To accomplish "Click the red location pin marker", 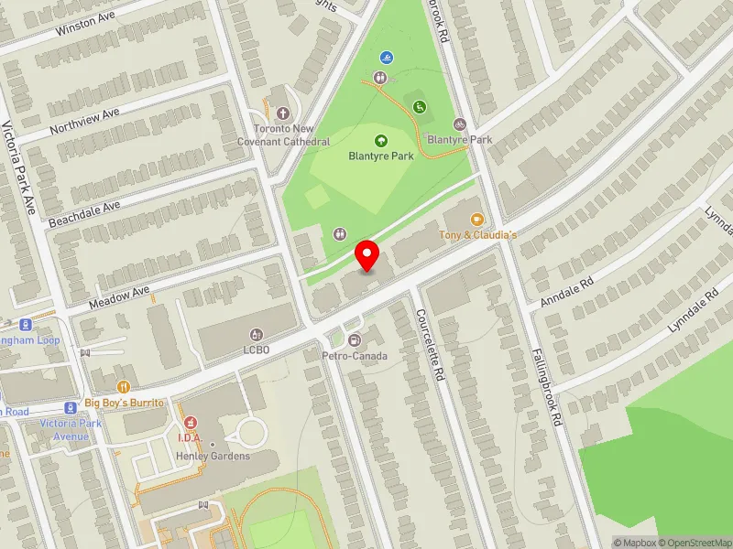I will pyautogui.click(x=367, y=255).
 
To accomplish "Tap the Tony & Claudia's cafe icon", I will pyautogui.click(x=476, y=220).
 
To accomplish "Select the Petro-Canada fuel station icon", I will pyautogui.click(x=356, y=340).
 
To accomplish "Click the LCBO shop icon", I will pyautogui.click(x=256, y=335).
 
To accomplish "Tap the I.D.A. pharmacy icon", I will pyautogui.click(x=191, y=423).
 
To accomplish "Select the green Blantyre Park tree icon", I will pyautogui.click(x=381, y=140).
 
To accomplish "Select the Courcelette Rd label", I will pyautogui.click(x=429, y=346).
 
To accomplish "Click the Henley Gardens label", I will pyautogui.click(x=214, y=457).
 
